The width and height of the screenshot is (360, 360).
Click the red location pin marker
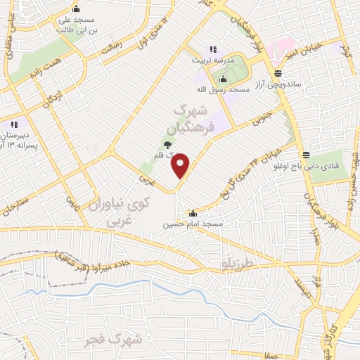point(181,166)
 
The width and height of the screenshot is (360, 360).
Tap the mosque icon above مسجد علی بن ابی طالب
point(75,10)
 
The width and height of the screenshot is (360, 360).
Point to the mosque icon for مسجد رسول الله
point(224,78)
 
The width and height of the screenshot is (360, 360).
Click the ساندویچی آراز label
point(278,84)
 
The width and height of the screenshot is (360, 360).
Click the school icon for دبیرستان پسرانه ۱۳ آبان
point(14,124)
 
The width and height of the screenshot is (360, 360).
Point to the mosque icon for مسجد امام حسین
point(193,213)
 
